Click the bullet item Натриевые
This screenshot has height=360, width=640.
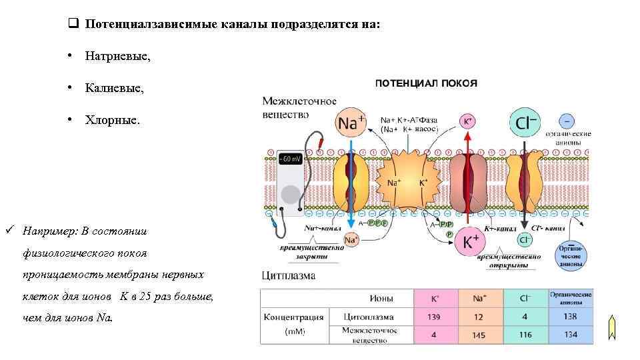(x=117, y=57)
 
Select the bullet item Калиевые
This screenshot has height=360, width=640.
(x=113, y=88)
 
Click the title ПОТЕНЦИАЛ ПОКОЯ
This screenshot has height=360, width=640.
(x=427, y=83)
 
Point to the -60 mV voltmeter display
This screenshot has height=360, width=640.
(x=291, y=159)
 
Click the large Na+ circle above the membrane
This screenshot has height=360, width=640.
(x=351, y=123)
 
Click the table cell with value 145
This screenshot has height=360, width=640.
(x=479, y=335)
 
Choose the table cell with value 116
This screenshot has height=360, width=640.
(x=525, y=335)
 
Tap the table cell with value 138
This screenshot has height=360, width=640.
(x=570, y=317)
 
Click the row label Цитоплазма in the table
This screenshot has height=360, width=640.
(x=369, y=317)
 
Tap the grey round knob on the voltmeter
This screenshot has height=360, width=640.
(x=291, y=194)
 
